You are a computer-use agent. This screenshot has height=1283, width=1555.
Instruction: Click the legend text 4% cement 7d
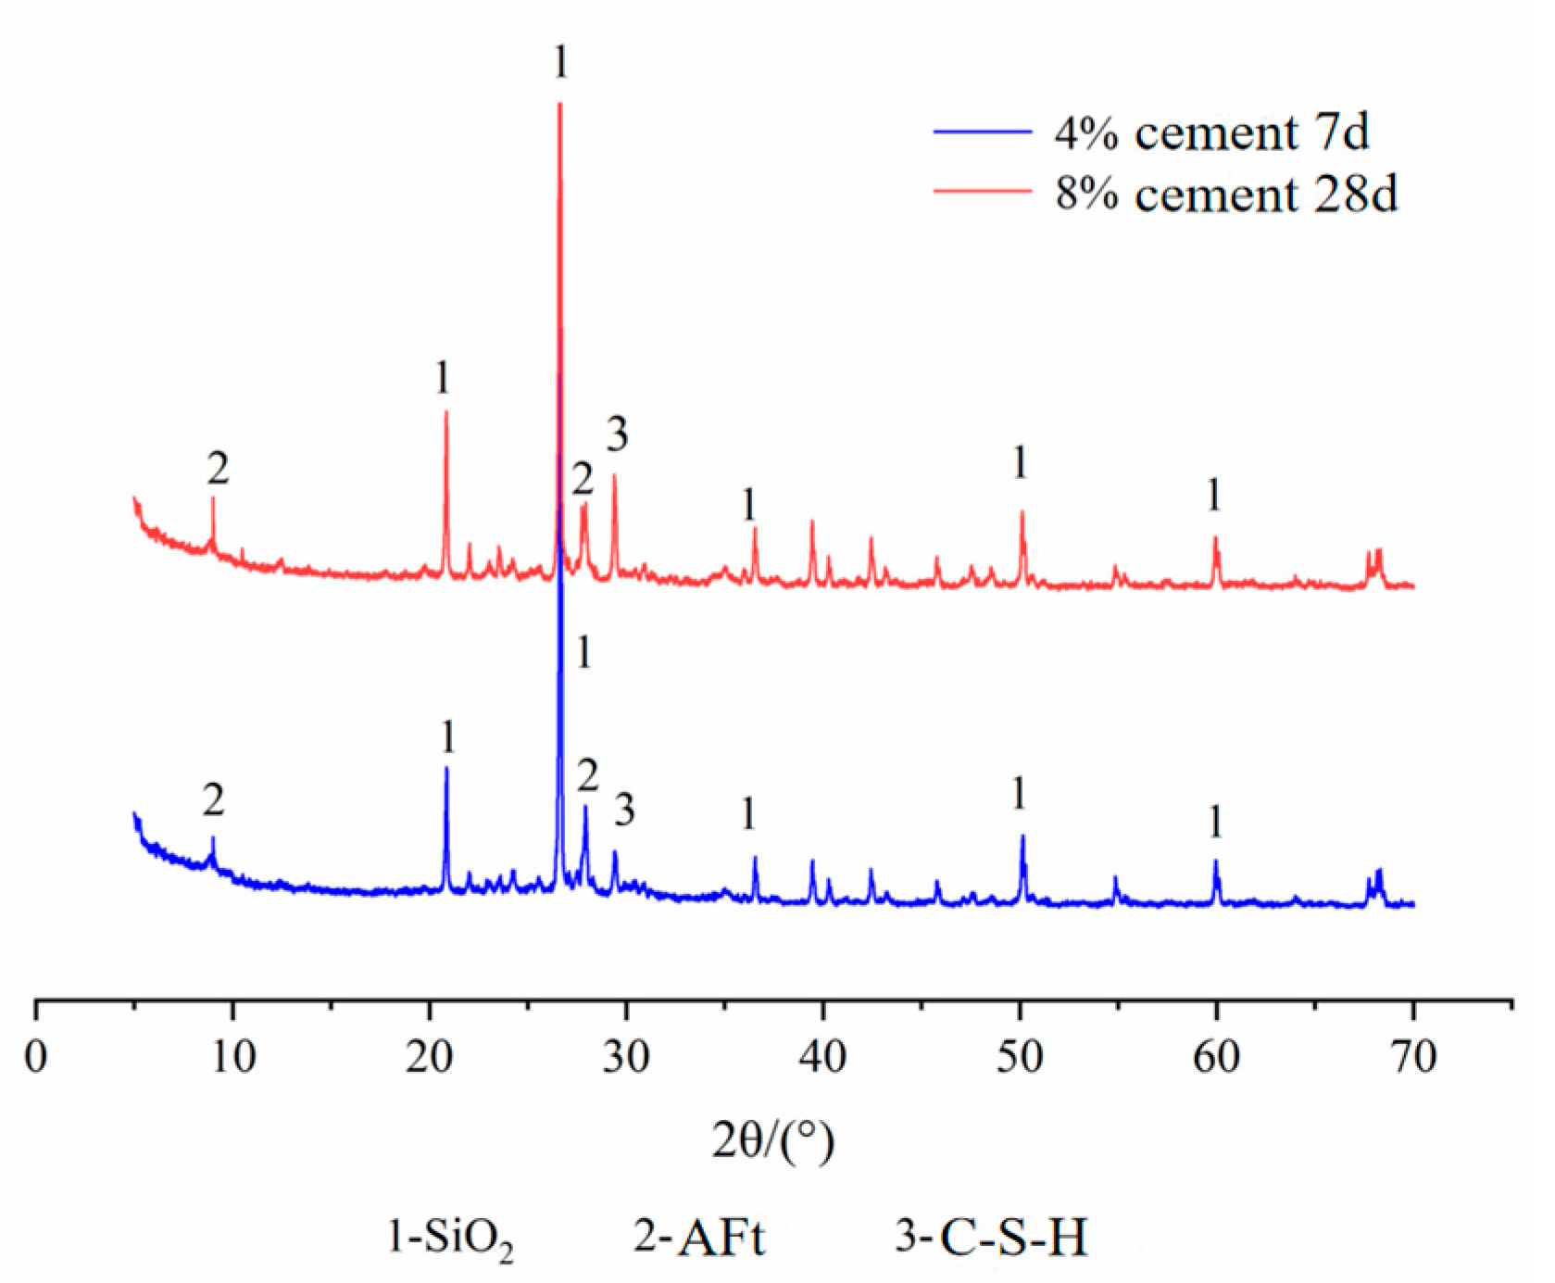click(x=1211, y=132)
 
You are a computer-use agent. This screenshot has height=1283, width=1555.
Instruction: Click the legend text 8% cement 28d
click(x=1226, y=194)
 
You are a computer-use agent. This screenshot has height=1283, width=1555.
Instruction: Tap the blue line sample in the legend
click(x=982, y=132)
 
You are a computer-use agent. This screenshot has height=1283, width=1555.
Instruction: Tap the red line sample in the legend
click(x=982, y=192)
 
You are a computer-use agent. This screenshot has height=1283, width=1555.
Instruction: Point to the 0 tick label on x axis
click(x=36, y=1055)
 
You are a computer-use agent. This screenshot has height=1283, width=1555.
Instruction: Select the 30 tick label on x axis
click(x=626, y=1055)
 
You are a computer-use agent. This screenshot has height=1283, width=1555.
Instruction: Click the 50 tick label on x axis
click(x=1020, y=1055)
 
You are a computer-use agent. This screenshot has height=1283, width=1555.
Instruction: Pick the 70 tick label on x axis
click(x=1413, y=1055)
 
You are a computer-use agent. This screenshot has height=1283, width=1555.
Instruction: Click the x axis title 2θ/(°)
click(x=773, y=1140)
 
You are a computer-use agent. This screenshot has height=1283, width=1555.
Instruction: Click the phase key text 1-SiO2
click(x=451, y=1239)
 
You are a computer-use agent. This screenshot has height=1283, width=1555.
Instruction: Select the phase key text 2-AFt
click(x=699, y=1237)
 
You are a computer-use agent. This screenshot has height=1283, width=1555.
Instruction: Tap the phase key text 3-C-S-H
click(x=991, y=1237)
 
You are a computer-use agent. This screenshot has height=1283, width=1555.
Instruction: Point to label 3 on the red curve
click(x=618, y=434)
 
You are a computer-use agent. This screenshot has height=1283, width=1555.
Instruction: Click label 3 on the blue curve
click(x=625, y=811)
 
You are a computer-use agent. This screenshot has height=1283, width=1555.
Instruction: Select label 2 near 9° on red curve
click(x=218, y=469)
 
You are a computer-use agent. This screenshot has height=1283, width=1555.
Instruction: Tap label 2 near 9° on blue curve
click(x=214, y=799)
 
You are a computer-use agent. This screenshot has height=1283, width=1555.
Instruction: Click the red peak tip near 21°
click(x=446, y=412)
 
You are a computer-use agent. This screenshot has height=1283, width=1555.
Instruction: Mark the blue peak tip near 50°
click(x=1022, y=836)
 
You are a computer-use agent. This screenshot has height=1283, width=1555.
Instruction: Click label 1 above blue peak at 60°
click(x=1216, y=822)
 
